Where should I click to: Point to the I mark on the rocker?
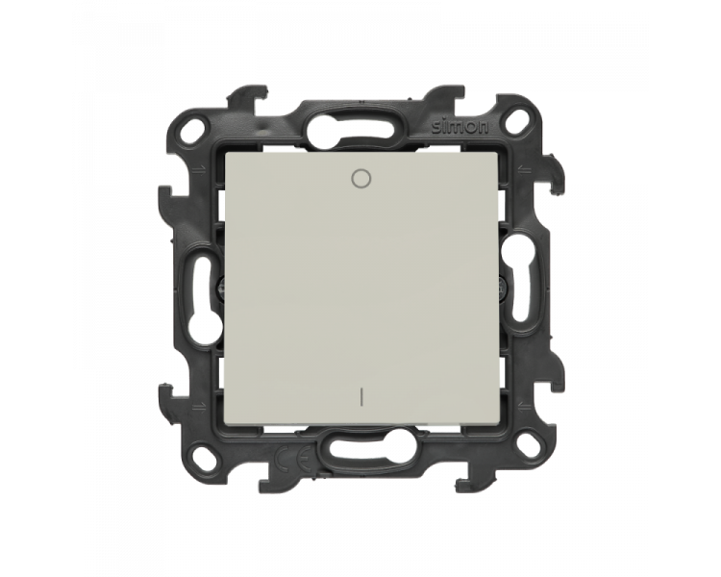pyautogui.click(x=360, y=396)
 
